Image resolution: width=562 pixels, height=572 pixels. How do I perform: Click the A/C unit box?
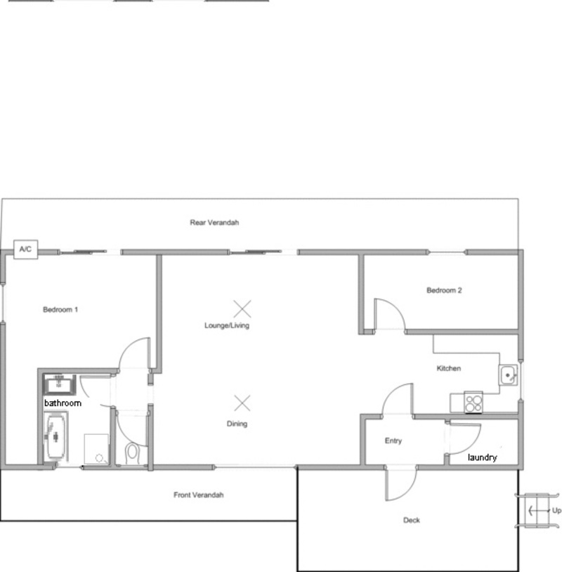25,249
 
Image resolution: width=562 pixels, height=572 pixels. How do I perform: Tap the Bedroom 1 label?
60,310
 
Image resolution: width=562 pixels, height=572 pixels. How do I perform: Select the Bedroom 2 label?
444,290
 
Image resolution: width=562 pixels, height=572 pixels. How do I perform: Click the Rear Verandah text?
214,223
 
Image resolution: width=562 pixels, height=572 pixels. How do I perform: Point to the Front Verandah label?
198,495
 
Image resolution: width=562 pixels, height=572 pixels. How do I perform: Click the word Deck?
412,520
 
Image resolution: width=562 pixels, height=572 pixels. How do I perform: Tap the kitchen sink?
508,375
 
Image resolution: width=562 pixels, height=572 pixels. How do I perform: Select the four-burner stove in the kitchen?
473,403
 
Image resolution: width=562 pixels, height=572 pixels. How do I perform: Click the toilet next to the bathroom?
132,453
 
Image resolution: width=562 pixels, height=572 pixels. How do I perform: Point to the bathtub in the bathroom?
55,436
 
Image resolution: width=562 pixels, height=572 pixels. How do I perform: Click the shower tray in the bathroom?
96,449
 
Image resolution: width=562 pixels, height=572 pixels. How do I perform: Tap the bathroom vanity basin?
59,384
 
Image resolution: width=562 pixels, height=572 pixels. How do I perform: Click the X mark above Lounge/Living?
242,309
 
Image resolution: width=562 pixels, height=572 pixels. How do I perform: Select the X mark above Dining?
242,403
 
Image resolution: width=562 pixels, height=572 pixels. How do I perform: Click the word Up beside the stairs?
556,511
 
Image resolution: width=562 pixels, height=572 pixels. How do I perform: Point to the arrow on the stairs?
539,510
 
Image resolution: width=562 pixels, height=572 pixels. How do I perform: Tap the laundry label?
482,457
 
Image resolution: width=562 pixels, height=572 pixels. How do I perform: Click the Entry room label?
393,441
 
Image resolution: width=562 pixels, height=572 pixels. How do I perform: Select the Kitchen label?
449,368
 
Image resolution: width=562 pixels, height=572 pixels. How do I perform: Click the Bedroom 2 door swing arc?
396,308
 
